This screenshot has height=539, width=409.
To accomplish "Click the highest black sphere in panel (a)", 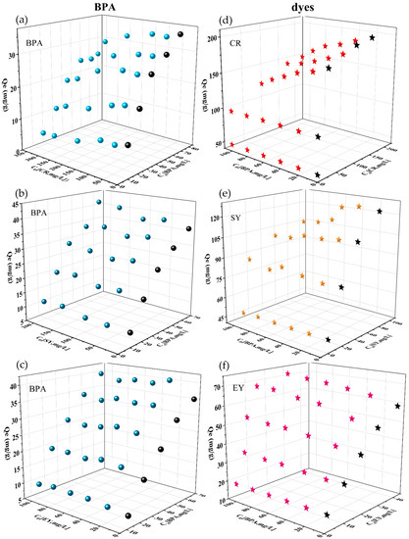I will pos(181,35).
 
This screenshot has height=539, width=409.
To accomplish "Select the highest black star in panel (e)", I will pos(380,212).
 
